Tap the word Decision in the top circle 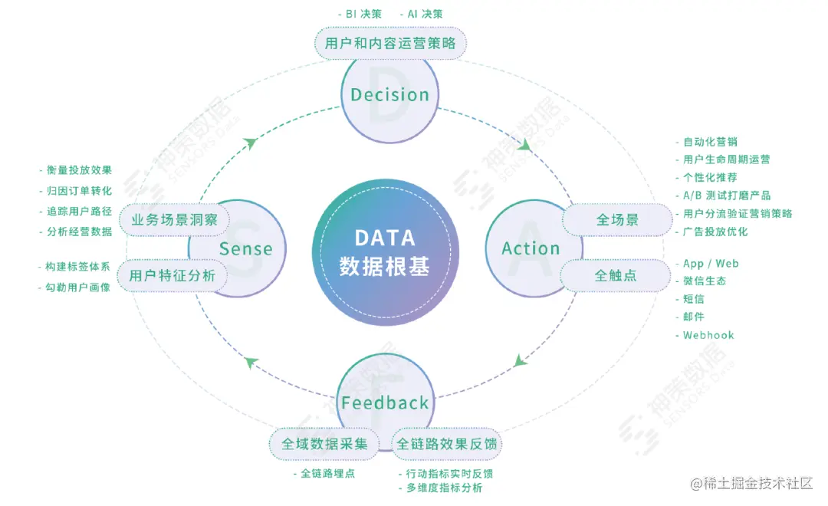pos(389,95)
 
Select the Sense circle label pos(245,248)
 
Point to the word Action pos(531,248)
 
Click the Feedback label pos(385,403)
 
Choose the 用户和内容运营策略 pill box pos(390,43)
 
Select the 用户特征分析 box pos(172,276)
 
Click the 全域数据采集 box pos(324,444)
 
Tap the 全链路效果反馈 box pos(446,444)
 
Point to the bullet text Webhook pos(708,335)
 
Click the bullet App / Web pos(711,263)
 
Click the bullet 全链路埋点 pos(327,473)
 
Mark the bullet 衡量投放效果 pos(79,170)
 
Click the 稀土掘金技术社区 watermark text pos(757,483)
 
